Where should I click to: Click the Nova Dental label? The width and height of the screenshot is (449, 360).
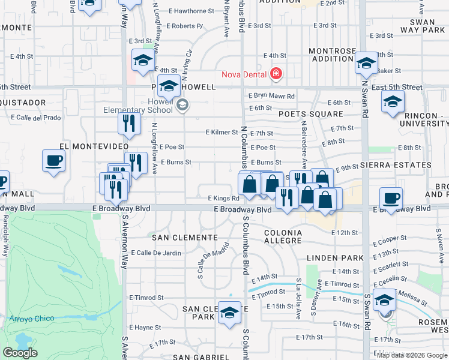click(x=243, y=74)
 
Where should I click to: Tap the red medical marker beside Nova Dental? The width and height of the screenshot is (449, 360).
click(x=276, y=74)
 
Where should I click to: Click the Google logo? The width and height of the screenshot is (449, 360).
click(x=20, y=353)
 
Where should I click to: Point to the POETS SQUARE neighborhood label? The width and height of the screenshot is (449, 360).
click(x=310, y=114)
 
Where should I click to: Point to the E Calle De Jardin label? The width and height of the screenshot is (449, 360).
click(x=155, y=253)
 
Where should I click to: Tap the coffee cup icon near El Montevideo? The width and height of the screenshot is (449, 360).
click(x=53, y=161)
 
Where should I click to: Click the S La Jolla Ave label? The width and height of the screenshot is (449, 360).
click(x=298, y=298)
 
